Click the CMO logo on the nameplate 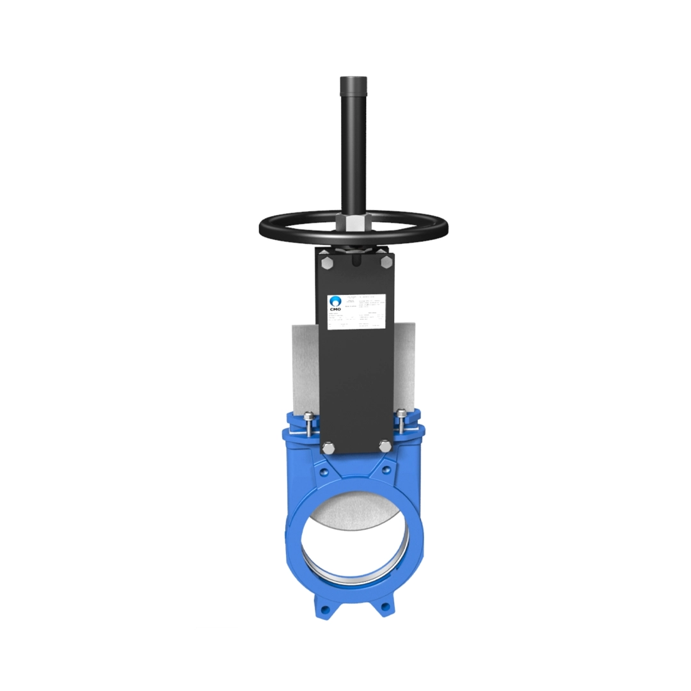pyautogui.click(x=335, y=303)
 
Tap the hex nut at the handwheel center pyautogui.click(x=353, y=224)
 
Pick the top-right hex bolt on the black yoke pyautogui.click(x=386, y=262)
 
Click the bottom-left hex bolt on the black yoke pyautogui.click(x=327, y=447)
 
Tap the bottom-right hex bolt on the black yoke pyautogui.click(x=385, y=445)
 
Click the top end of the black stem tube pyautogui.click(x=353, y=79)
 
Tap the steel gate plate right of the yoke pyautogui.click(x=404, y=365)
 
